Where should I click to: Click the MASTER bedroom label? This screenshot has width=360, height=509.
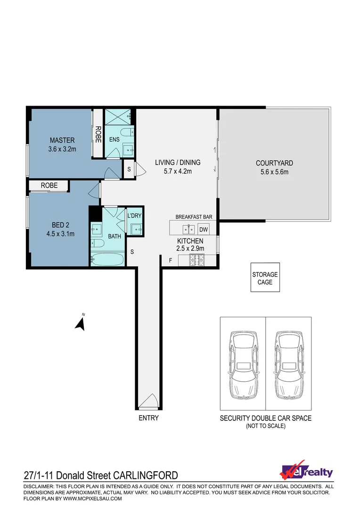pos(62,140)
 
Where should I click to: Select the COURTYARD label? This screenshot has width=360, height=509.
pos(274,163)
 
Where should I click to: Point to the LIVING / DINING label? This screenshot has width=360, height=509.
pos(177,163)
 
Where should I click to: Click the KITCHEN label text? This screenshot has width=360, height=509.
pos(190,241)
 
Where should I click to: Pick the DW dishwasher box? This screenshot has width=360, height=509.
pos(203,230)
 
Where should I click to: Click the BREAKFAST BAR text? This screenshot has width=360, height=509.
pos(194,217)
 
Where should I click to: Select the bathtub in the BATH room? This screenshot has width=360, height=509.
pos(107,259)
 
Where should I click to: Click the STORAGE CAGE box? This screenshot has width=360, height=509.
pos(265,278)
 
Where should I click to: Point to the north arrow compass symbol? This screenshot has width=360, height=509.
pos(81,323)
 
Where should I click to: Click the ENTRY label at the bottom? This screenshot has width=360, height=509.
pos(148,418)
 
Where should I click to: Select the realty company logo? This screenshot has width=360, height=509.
pos(306,472)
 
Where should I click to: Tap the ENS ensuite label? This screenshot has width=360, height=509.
pos(114,140)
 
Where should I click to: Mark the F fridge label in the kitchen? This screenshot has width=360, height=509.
pos(171,260)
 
